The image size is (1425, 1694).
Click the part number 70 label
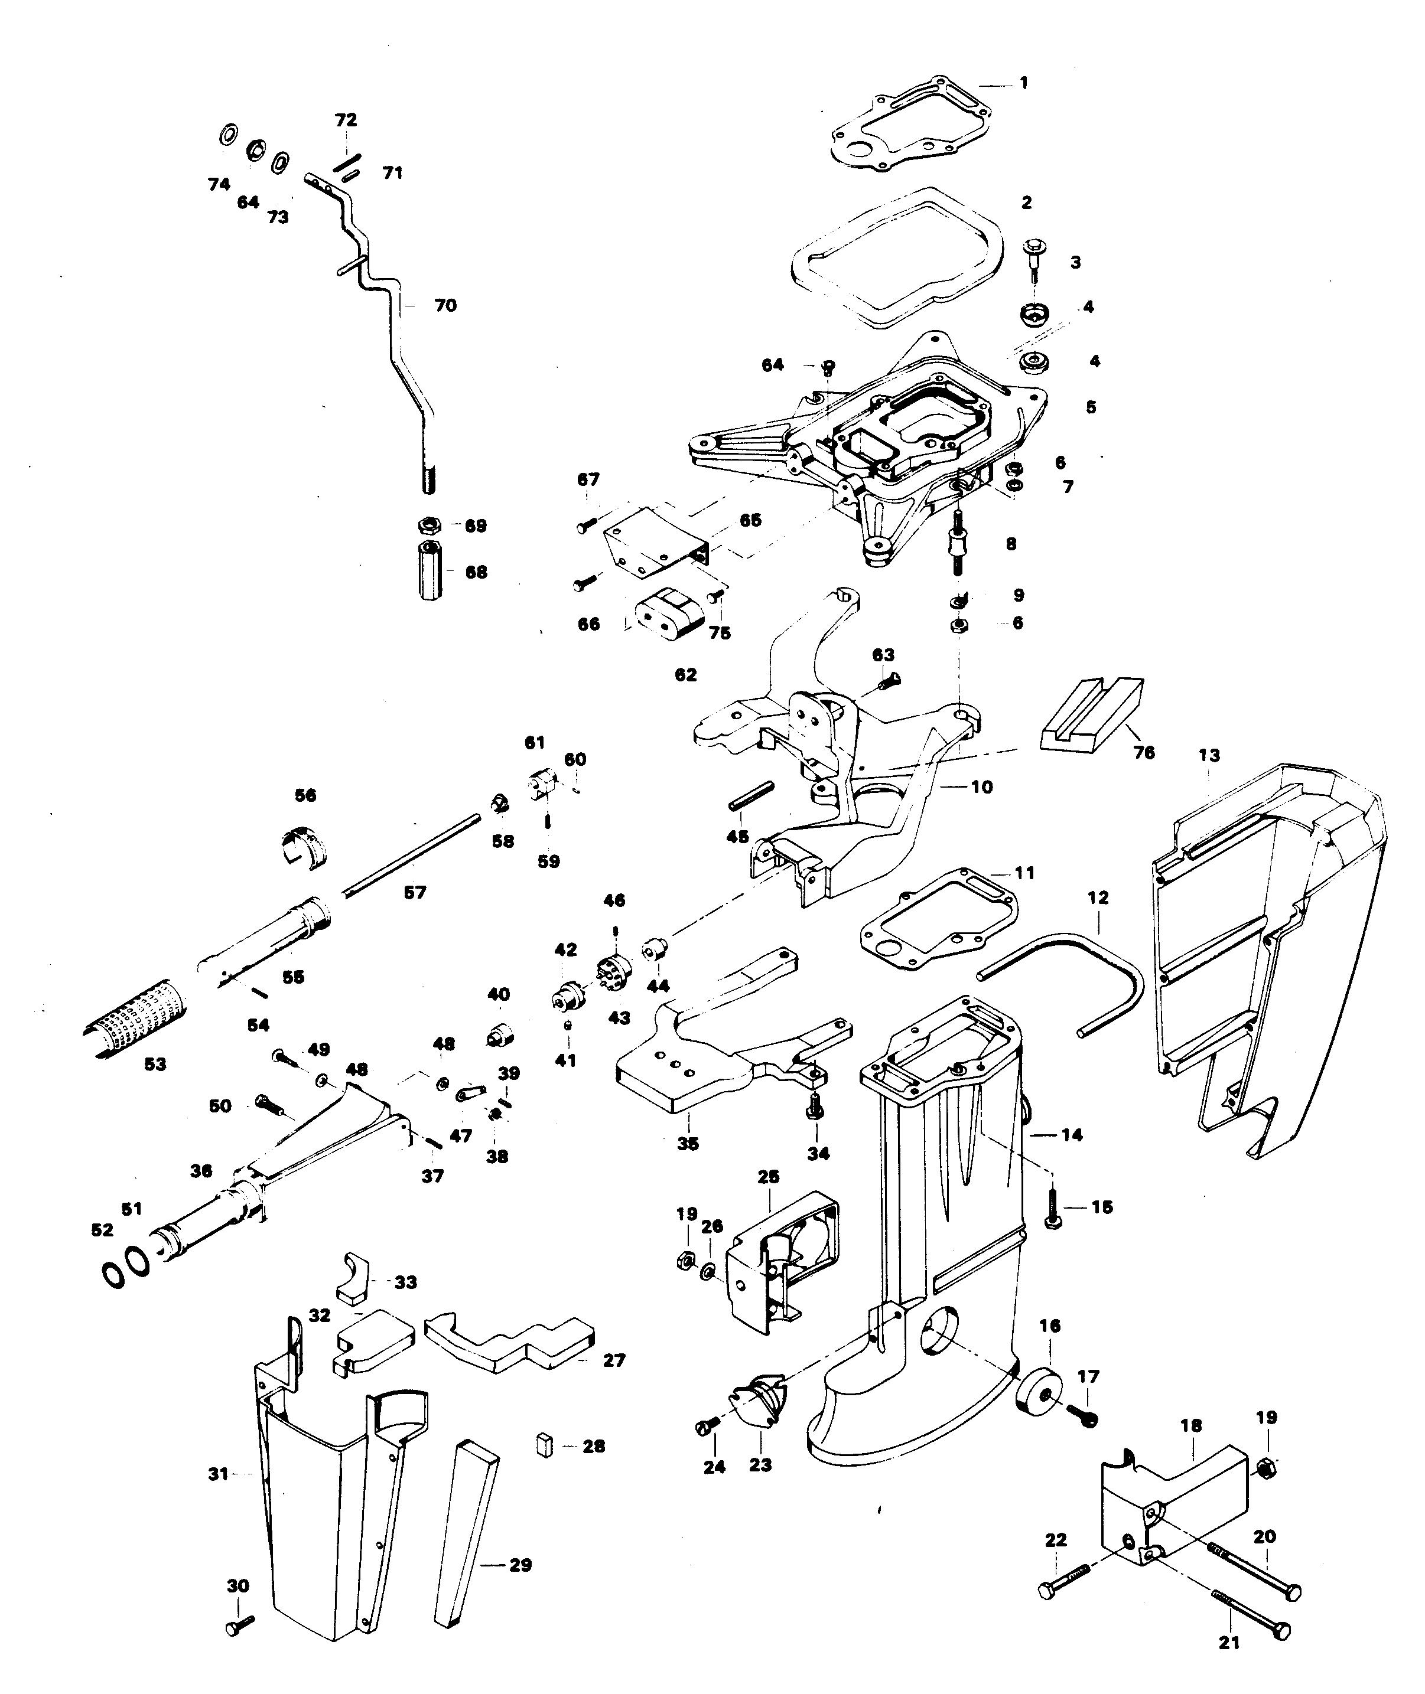click(445, 306)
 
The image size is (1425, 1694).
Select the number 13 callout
click(1209, 756)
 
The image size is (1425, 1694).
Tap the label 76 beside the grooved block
click(1144, 753)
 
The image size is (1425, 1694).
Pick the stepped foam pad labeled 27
click(509, 1344)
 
